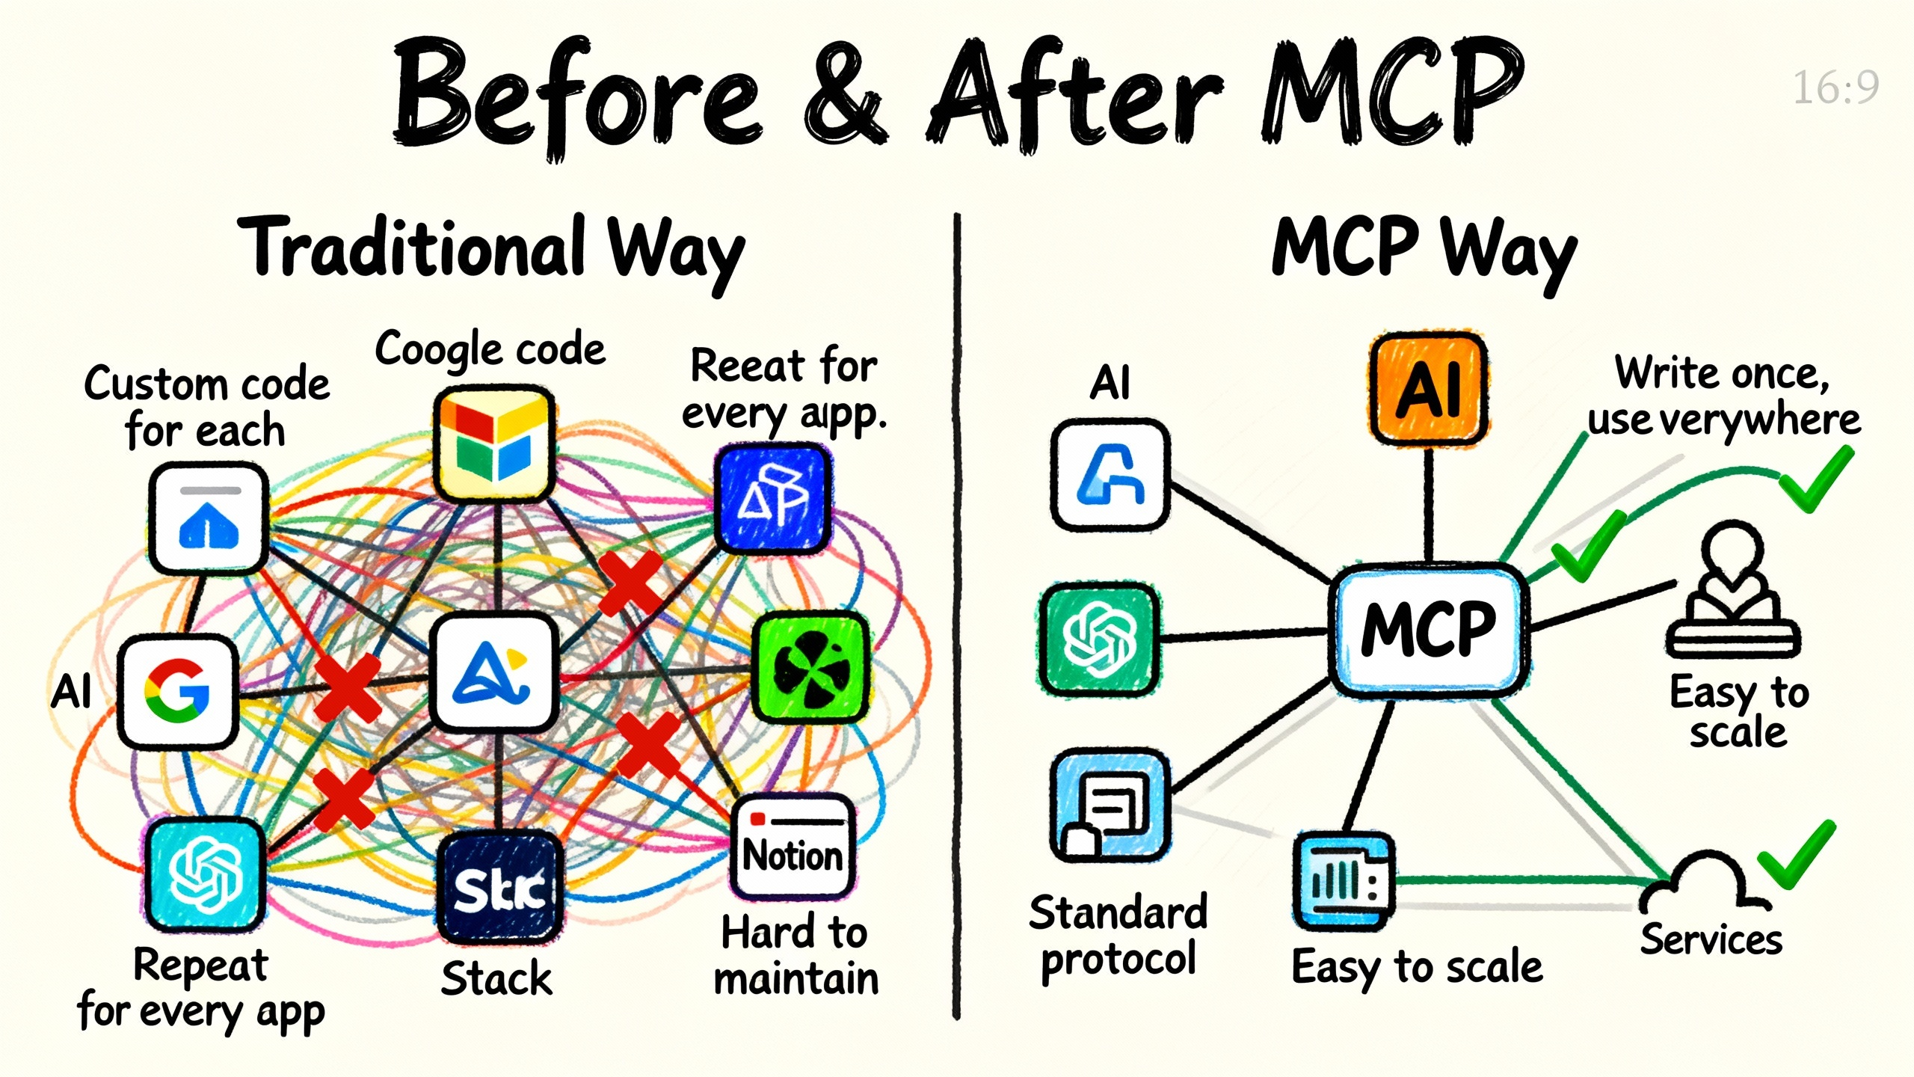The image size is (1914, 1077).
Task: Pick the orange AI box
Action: [x=1429, y=389]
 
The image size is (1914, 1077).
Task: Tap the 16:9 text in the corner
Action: [x=1835, y=88]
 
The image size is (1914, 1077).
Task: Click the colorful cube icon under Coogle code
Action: [x=494, y=443]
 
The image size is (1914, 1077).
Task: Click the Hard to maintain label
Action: [x=796, y=956]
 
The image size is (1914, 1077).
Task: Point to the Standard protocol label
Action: [x=1118, y=936]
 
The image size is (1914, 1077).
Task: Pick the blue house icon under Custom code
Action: [x=209, y=518]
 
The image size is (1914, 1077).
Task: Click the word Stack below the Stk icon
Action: [x=496, y=979]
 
